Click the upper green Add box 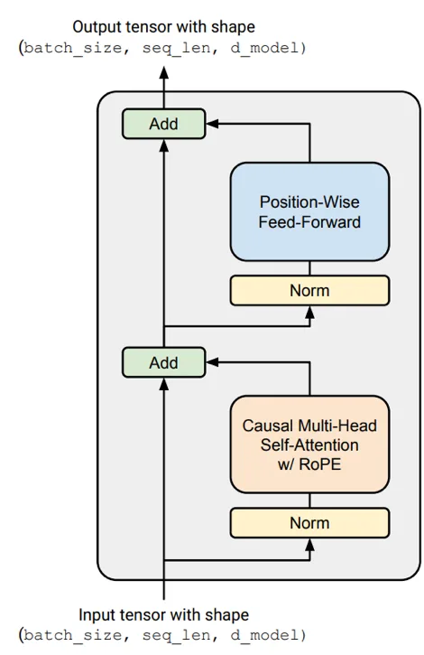point(163,124)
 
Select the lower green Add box point(163,362)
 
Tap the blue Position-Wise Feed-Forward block point(309,211)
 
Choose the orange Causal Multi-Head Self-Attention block point(309,444)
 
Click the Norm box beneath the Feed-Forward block point(309,291)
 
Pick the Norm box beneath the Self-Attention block point(309,523)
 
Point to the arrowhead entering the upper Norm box point(309,312)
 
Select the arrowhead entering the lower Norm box point(309,544)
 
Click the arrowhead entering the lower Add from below point(163,383)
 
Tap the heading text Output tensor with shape point(163,27)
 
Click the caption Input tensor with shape point(163,615)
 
